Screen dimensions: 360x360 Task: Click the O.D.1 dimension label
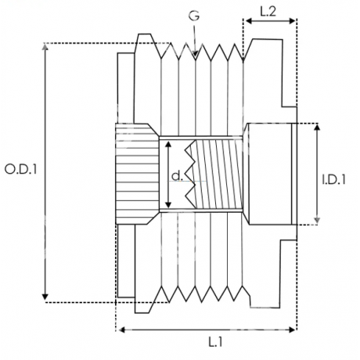pos(21,170)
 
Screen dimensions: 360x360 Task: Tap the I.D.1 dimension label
pos(333,180)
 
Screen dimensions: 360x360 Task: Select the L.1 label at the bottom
pos(216,342)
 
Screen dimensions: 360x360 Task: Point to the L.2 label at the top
pos(268,12)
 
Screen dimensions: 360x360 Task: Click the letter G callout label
pos(194,16)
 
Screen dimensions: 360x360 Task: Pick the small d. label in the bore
pos(177,176)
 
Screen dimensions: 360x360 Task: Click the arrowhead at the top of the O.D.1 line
pos(45,47)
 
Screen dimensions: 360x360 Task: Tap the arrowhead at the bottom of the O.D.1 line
pos(45,297)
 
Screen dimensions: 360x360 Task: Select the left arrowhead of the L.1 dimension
pos(122,330)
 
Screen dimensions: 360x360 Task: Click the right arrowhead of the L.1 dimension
pos(292,330)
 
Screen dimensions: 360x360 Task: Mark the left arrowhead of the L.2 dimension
pos(250,21)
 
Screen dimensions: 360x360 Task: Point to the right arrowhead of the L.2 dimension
pos(291,21)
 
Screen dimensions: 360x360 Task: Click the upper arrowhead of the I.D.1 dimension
pos(317,128)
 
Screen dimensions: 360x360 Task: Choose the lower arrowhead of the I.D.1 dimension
pos(317,220)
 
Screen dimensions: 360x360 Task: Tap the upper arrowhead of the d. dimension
pos(168,145)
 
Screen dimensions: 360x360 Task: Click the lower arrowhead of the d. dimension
pos(168,204)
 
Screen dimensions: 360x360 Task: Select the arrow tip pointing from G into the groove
pos(195,56)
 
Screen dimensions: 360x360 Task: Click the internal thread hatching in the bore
pos(219,174)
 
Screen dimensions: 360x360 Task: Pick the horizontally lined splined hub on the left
pos(137,174)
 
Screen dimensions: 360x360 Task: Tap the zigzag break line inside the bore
pos(190,174)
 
